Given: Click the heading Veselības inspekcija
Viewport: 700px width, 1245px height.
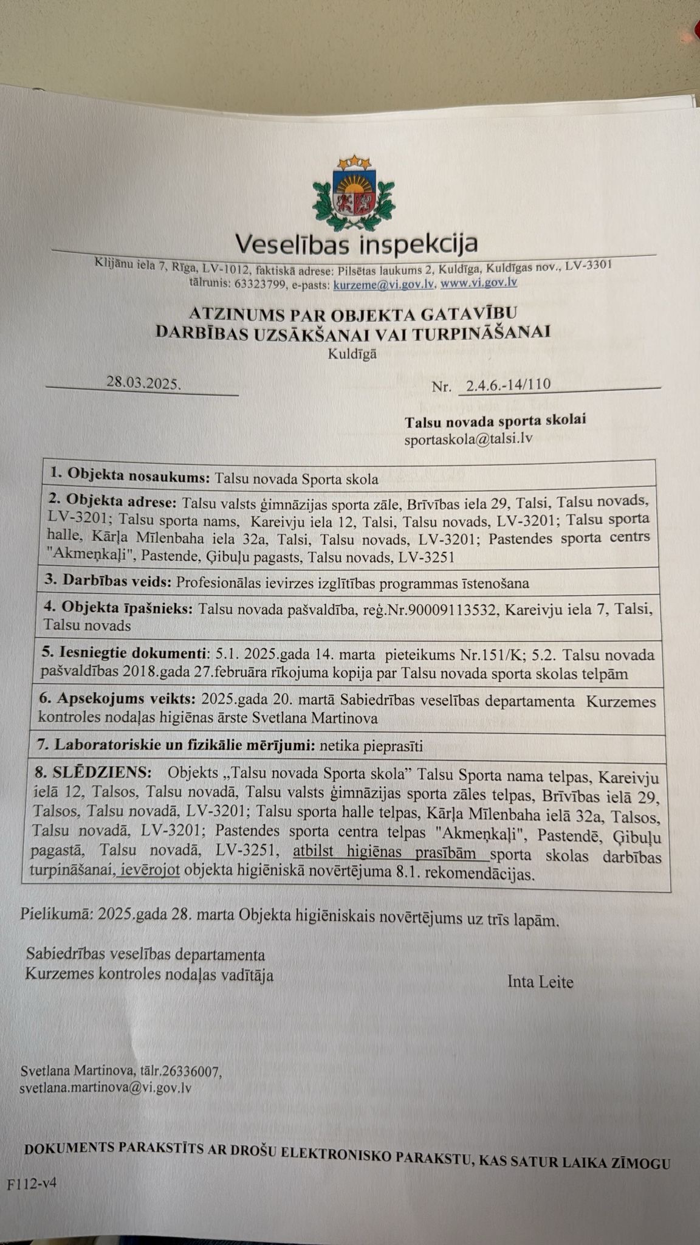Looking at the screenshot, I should coord(356,244).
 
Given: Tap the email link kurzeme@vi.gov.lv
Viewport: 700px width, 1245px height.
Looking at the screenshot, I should coord(384,283).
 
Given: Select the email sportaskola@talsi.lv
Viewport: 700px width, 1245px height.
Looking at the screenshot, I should coord(468,438).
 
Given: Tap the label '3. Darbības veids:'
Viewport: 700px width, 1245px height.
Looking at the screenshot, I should coord(109,581).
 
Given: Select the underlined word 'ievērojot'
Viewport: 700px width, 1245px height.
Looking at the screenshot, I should coord(149,872).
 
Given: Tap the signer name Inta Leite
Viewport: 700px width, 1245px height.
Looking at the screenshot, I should coord(540,981).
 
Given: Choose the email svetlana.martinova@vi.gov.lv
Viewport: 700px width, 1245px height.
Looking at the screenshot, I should coord(106,1088).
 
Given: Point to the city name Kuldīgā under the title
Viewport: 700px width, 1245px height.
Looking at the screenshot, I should coord(352,354).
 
